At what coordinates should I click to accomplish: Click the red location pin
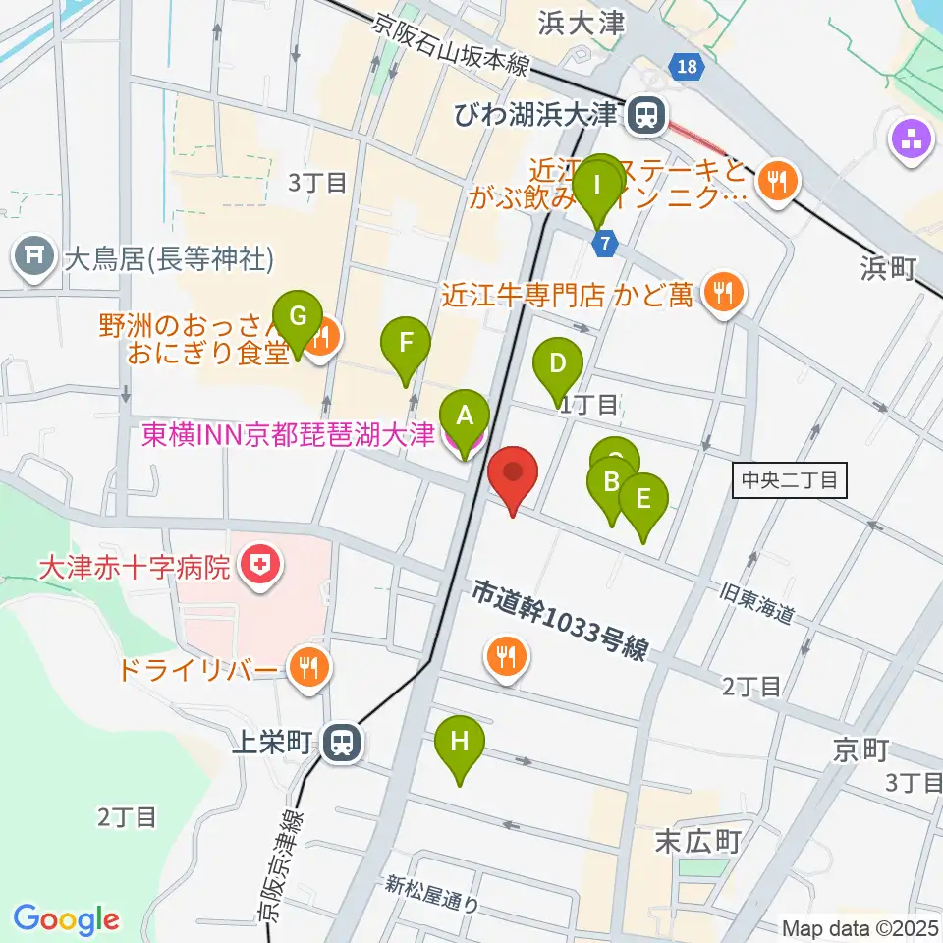(x=513, y=473)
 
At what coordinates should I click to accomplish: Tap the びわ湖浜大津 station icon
(x=645, y=116)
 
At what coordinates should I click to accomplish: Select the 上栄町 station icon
(x=343, y=743)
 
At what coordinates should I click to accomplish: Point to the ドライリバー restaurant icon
(x=309, y=670)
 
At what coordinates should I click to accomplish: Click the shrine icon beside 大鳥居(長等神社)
(x=34, y=258)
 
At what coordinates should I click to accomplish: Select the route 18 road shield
(x=688, y=66)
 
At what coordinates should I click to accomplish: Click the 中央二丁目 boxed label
(x=789, y=480)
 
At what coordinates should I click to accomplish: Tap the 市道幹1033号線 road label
(x=560, y=621)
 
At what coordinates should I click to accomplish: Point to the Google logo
(x=66, y=918)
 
